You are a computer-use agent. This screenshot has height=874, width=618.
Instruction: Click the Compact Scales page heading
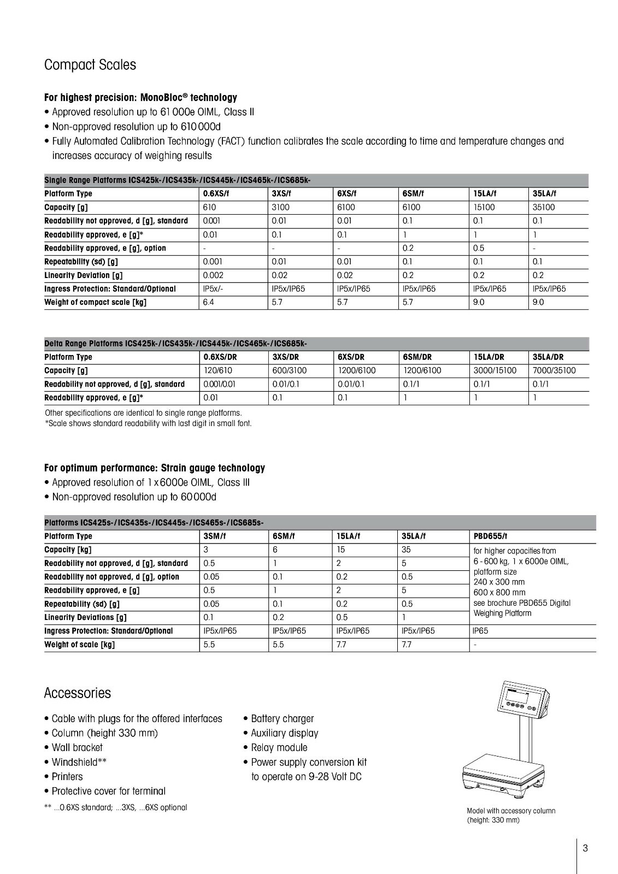90,65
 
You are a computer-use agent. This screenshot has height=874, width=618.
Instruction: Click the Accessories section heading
77,693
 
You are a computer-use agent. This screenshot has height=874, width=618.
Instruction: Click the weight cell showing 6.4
209,303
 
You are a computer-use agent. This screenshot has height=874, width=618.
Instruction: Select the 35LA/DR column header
548,357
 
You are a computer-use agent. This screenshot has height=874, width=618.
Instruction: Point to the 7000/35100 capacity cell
554,371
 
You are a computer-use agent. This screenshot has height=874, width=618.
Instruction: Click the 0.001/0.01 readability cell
219,385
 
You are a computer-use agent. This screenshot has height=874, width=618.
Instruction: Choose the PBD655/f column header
490,536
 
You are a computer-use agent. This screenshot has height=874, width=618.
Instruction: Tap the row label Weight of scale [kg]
79,645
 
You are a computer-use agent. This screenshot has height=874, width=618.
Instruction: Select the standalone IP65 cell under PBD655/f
480,631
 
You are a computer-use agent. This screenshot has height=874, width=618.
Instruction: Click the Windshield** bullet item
79,762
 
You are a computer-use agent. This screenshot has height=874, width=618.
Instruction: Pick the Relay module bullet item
279,748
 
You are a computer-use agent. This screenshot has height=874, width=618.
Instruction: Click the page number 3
585,848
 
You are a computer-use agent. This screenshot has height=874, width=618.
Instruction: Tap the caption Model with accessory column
510,811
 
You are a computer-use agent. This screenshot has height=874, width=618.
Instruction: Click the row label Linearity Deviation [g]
83,275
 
